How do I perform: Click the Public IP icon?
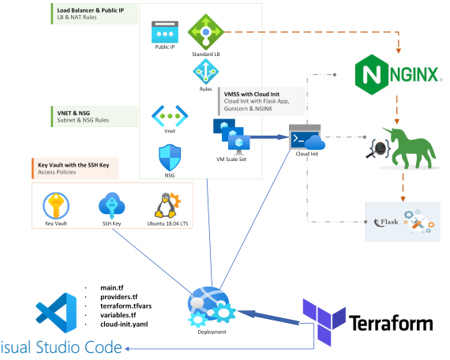point(165,32)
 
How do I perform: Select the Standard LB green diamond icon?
point(206,32)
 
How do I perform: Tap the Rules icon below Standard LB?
point(206,72)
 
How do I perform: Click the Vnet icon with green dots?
point(170,116)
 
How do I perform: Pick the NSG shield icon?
point(170,158)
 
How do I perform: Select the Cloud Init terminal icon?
point(307,137)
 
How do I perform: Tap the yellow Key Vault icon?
point(56,206)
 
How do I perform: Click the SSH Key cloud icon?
point(111,206)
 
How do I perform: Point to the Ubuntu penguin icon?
point(167,205)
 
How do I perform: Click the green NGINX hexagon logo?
point(372,75)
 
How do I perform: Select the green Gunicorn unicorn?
point(409,148)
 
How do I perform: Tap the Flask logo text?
point(387,222)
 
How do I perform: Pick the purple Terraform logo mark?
point(324,321)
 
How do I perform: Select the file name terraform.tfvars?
point(126,306)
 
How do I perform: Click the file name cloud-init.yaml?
point(124,324)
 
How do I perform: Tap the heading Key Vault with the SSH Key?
point(73,165)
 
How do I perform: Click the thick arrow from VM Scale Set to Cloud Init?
point(269,137)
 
